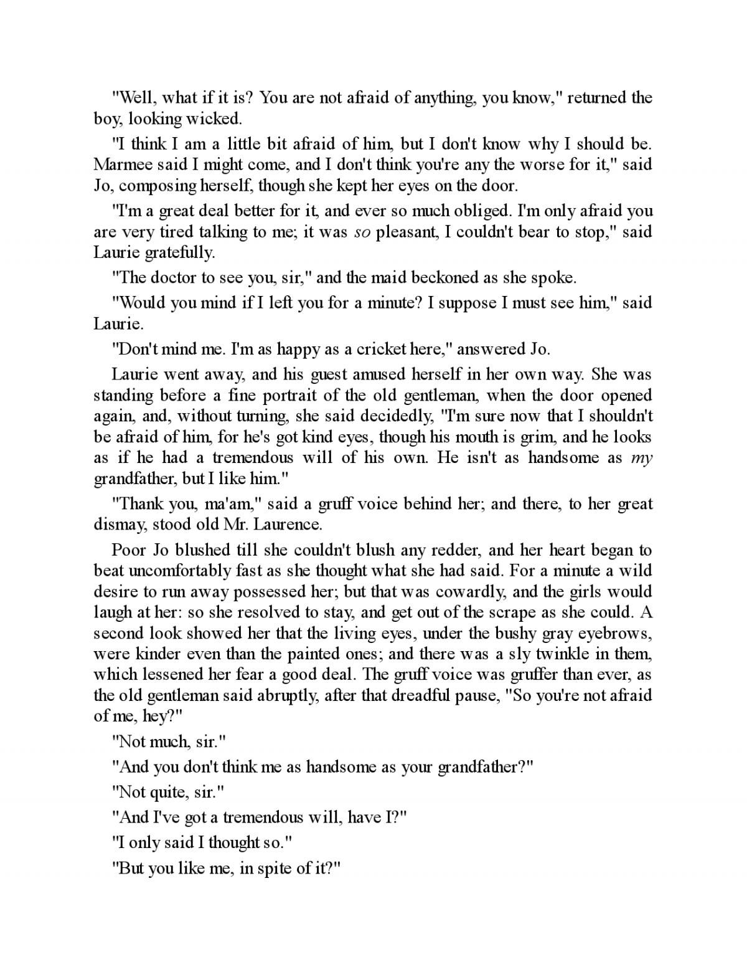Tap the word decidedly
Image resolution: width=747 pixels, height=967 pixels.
tap(378, 416)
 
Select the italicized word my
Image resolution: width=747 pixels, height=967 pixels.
tap(641, 457)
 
